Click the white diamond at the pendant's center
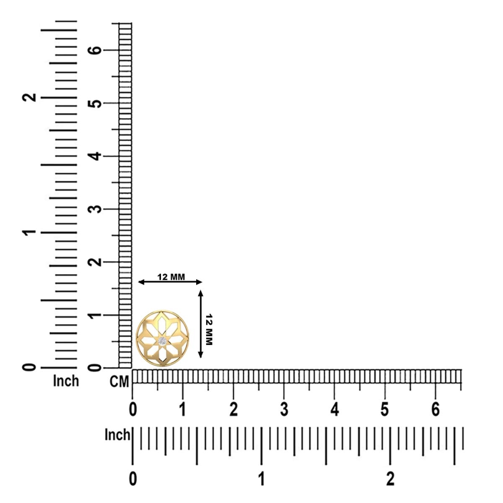(162, 341)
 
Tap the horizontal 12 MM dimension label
(171, 277)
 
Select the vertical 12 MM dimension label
(209, 329)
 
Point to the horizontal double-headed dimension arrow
(170, 282)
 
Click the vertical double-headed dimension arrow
(201, 323)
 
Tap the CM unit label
(119, 382)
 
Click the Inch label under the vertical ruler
(66, 381)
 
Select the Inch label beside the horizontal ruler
(117, 435)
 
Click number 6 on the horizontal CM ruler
(435, 409)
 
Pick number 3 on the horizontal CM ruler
(284, 409)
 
